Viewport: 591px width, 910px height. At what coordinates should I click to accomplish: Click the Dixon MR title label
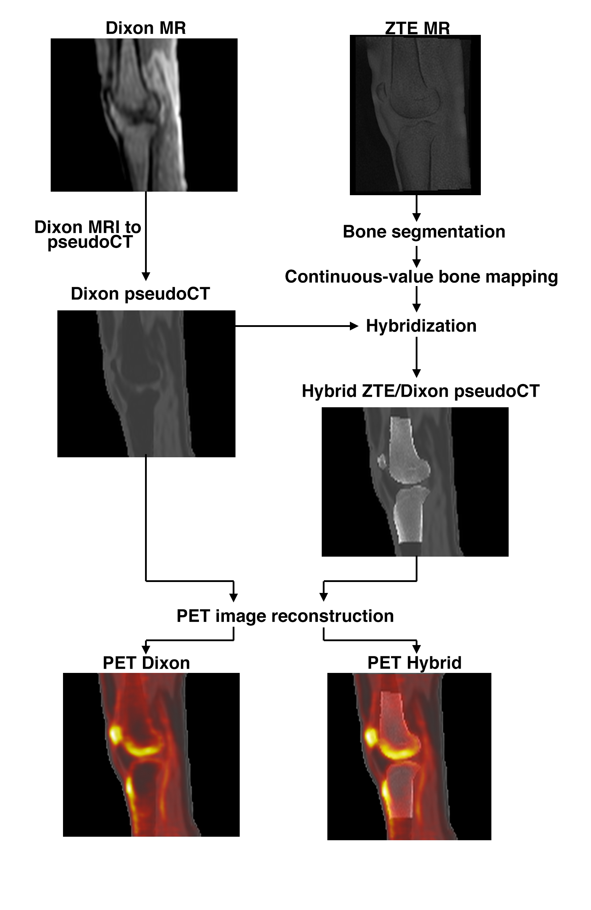tap(146, 28)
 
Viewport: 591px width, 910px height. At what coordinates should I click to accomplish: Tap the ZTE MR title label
tap(417, 29)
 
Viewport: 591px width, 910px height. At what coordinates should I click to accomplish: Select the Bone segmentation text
tap(424, 232)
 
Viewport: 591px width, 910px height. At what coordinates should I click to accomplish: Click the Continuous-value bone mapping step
tap(421, 277)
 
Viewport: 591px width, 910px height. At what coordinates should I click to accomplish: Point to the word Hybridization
tap(421, 326)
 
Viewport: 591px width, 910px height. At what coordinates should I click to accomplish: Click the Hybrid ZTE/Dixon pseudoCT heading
tap(420, 391)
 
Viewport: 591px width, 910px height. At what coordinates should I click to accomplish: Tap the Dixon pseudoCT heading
tap(140, 294)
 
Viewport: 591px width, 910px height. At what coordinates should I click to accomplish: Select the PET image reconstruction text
tap(285, 616)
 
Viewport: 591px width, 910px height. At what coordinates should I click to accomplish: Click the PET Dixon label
tap(146, 663)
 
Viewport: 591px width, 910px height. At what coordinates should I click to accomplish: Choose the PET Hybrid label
tap(414, 663)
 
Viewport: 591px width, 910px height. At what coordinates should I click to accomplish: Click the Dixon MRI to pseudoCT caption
tap(88, 234)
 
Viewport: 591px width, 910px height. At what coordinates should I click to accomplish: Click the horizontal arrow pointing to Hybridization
tap(296, 326)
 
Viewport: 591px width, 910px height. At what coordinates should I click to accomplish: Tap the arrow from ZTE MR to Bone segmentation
tap(416, 208)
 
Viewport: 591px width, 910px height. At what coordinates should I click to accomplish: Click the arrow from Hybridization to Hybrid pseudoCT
tap(416, 357)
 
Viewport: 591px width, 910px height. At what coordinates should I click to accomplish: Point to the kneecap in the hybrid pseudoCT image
tap(381, 462)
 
